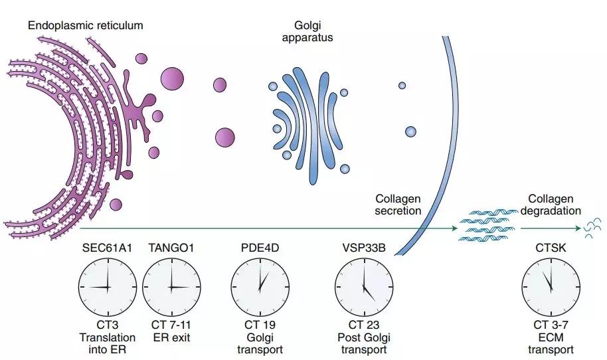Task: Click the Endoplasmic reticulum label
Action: coord(86,25)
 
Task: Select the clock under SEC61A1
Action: coord(108,287)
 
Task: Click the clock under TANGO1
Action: coord(171,287)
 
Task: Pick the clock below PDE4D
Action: coord(260,287)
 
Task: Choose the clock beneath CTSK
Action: coord(550,287)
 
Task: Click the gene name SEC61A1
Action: coord(108,248)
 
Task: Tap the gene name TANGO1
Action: coord(171,248)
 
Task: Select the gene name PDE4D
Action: coord(260,248)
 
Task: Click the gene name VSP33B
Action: coord(363,248)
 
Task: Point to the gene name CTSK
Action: coord(550,248)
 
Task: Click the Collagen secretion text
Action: coord(398,205)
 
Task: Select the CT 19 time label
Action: coord(260,325)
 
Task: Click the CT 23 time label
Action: coord(365,325)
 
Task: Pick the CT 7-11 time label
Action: coord(171,325)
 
